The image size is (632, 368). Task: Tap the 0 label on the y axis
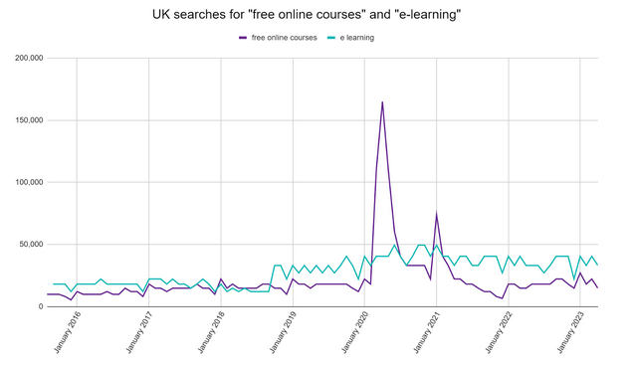(39, 306)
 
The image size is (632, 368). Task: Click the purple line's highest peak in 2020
(382, 101)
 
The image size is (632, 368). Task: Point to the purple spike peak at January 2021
(436, 214)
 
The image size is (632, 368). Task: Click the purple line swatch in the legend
(242, 38)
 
